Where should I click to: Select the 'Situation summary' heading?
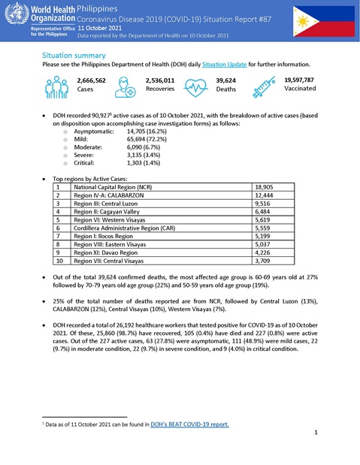(74, 56)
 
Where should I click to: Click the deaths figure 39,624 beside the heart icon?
(225, 80)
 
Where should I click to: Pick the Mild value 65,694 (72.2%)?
(147, 139)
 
